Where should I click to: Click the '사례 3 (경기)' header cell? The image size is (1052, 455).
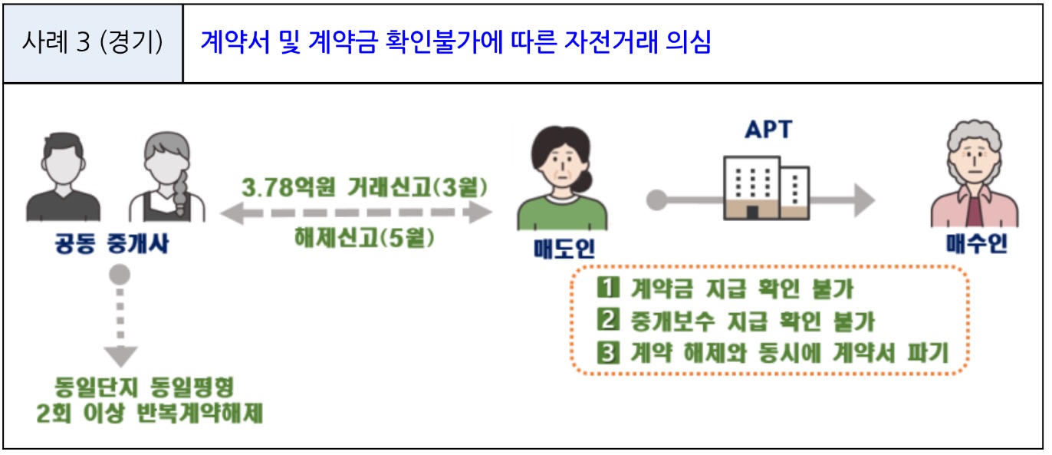pyautogui.click(x=93, y=43)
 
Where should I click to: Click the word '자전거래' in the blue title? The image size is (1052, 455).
pyautogui.click(x=598, y=43)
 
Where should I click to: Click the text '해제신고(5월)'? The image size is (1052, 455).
pyautogui.click(x=364, y=239)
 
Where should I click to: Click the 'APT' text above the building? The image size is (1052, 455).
pyautogui.click(x=768, y=130)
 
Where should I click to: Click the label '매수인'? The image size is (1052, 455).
pyautogui.click(x=975, y=246)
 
